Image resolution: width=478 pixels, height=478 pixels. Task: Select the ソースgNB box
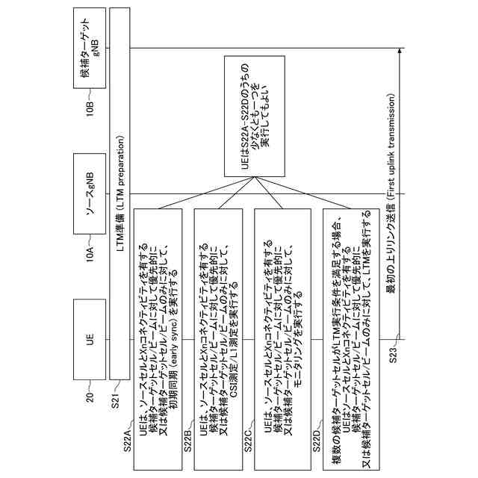point(90,192)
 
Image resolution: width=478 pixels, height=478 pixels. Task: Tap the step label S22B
point(187,436)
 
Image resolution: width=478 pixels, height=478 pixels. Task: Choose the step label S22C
point(248,436)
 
